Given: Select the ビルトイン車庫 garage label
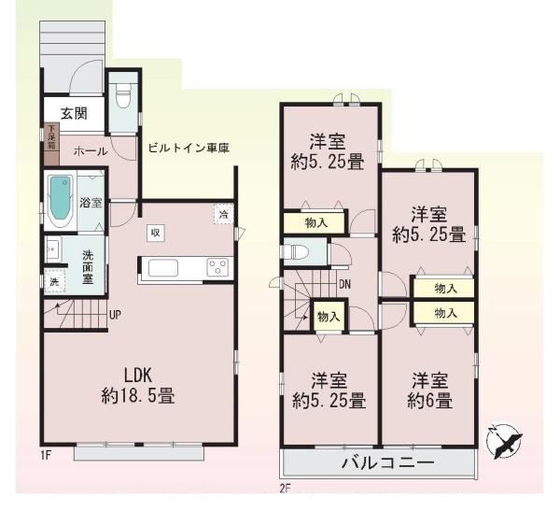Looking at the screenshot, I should [189, 148].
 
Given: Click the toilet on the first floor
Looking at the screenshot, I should [121, 94].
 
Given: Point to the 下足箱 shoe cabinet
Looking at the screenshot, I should [50, 139].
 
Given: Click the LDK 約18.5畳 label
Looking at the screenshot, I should [136, 386].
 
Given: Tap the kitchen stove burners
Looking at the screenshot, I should [218, 267].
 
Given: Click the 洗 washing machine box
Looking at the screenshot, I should [51, 280].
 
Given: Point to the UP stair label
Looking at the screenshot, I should [115, 315].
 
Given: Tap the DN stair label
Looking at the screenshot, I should [344, 284].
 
